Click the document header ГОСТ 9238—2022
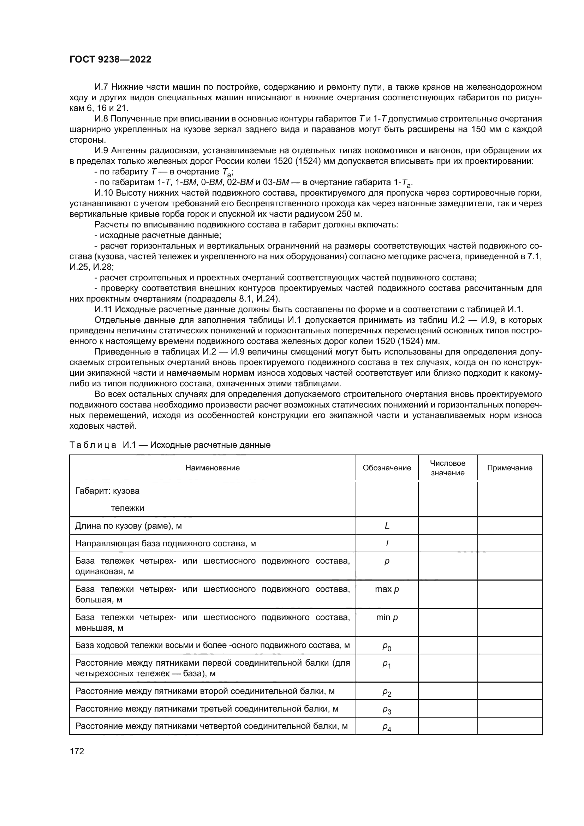(x=111, y=60)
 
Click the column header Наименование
(x=213, y=468)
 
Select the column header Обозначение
(x=387, y=468)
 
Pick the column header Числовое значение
(x=447, y=468)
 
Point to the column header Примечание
(x=509, y=468)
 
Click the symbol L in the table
(x=387, y=525)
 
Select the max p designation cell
(x=387, y=589)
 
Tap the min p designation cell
(x=387, y=617)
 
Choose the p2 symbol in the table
(x=387, y=692)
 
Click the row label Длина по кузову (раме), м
(x=129, y=525)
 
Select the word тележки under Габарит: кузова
(x=127, y=508)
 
